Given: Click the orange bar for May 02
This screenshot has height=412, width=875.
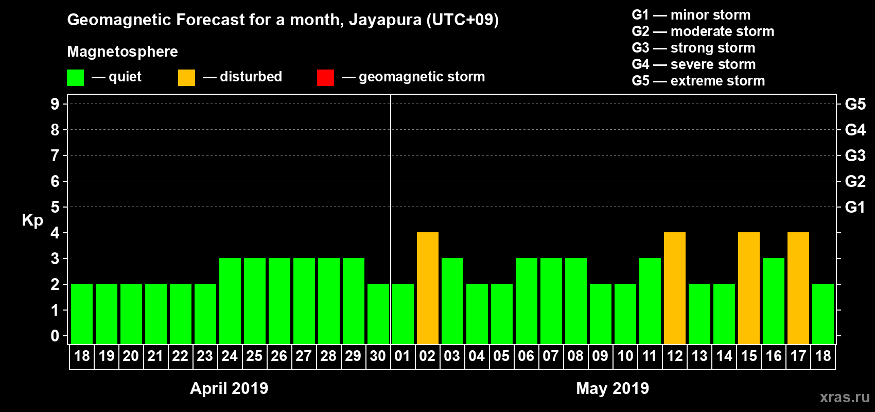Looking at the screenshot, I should (428, 288).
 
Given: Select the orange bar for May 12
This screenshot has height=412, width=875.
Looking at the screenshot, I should (675, 288).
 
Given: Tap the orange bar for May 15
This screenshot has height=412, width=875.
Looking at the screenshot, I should (749, 288).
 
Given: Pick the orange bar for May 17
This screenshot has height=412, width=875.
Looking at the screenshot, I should (798, 288).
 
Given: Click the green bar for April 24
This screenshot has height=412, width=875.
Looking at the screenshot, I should (230, 301).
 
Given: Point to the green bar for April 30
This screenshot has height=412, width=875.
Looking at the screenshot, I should (378, 314).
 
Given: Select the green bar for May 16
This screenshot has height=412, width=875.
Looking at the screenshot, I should (774, 301).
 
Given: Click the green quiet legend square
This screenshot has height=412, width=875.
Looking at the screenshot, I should (75, 78).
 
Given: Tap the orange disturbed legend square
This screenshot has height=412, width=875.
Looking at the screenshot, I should (186, 78).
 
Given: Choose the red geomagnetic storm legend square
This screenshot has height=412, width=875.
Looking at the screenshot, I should (325, 78).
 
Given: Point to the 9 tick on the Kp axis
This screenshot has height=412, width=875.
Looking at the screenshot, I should (55, 104).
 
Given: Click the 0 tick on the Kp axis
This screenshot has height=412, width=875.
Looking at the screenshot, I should (55, 336).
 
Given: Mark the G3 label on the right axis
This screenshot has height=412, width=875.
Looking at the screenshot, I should (855, 156).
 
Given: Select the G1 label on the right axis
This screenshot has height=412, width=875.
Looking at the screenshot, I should (855, 207).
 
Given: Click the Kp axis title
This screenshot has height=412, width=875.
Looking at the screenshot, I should (32, 220).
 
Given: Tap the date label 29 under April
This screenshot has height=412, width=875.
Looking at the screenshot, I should (353, 356).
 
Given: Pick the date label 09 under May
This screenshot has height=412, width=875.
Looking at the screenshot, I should (600, 356).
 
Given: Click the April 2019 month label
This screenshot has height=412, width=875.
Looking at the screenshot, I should (229, 388).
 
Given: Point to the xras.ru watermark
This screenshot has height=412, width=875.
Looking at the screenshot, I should (845, 397).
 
